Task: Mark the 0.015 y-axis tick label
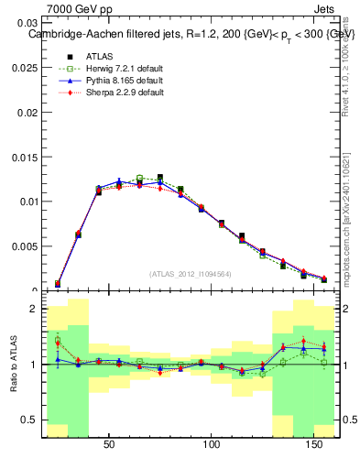point(26,157)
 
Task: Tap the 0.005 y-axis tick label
point(26,246)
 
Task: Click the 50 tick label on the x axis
point(109,445)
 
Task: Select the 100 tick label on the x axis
point(212,445)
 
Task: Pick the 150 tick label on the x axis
point(314,445)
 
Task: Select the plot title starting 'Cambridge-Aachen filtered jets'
point(191,34)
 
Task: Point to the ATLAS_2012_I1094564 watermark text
point(191,274)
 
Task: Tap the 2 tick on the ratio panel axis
point(33,309)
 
